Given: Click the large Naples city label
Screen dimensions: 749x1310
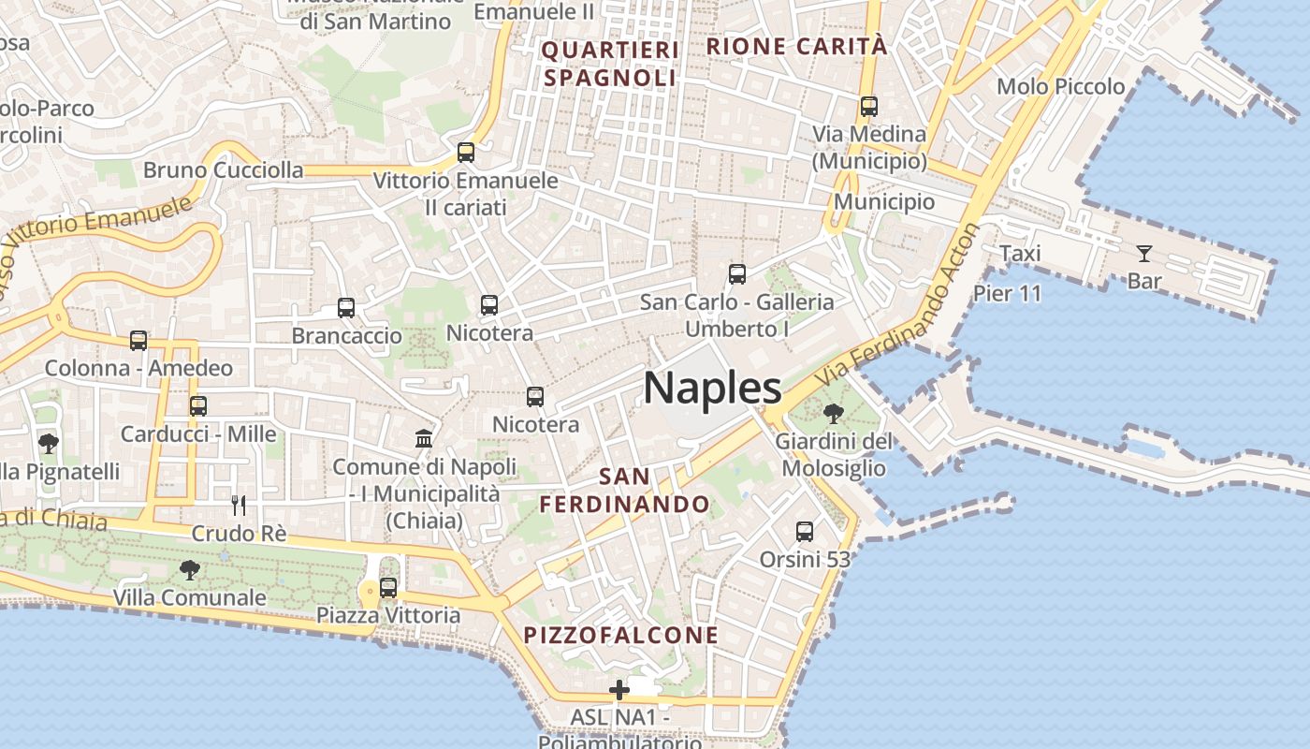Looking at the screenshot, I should tap(712, 388).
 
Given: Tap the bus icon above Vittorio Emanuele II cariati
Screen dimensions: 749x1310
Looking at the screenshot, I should tap(466, 152).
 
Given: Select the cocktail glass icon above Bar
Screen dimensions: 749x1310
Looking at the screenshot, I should tap(1143, 253).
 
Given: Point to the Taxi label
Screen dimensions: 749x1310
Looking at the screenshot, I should tap(1020, 254).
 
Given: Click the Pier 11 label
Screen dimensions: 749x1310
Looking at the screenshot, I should tap(1007, 293).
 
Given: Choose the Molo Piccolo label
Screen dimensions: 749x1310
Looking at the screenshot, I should tap(1061, 87).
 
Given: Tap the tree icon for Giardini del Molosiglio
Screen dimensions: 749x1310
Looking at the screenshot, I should tap(833, 413).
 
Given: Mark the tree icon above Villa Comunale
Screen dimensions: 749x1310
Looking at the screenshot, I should tap(190, 569).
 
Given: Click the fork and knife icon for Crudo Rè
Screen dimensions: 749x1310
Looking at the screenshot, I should tap(239, 506).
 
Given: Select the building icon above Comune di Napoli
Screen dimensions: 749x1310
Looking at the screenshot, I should tap(424, 438).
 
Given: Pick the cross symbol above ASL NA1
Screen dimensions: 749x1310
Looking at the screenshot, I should tap(619, 691).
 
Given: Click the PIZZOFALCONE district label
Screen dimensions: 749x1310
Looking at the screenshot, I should tap(621, 636).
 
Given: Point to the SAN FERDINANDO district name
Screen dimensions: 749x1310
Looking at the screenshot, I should tap(624, 491).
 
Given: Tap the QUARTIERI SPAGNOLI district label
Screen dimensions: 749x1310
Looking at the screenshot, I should tap(610, 64).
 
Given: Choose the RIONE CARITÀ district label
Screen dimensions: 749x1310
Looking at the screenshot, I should tap(796, 46).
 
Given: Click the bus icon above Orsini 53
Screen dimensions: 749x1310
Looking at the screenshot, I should tap(805, 532).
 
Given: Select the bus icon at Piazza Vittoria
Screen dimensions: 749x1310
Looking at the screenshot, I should tap(387, 589).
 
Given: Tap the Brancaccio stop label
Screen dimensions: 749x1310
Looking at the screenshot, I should tap(347, 335).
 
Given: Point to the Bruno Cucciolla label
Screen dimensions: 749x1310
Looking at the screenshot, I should tap(224, 170).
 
